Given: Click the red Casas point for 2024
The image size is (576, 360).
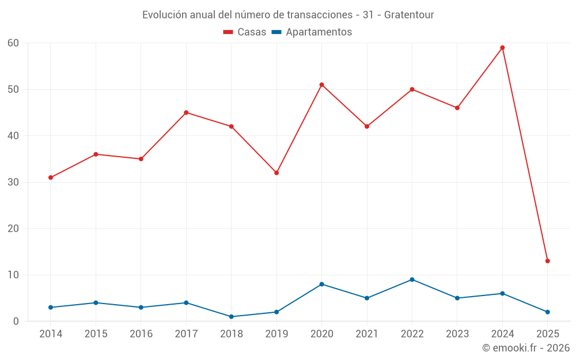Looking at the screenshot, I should [x=502, y=48].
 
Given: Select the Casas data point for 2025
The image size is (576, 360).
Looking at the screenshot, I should [x=547, y=261].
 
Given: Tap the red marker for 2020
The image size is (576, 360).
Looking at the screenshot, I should [x=321, y=85].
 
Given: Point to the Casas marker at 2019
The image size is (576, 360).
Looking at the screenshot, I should [x=276, y=173].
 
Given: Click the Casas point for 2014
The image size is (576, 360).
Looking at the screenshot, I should [x=51, y=177].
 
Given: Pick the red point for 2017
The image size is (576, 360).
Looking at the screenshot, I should [x=186, y=112].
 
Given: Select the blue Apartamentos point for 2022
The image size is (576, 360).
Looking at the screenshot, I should [x=412, y=279].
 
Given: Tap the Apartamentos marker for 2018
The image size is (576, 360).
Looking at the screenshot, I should [x=231, y=317].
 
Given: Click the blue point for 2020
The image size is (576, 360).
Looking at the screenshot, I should [x=321, y=284].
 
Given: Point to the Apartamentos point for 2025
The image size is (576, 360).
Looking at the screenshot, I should [x=547, y=312].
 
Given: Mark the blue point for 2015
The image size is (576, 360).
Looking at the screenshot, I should [x=96, y=302].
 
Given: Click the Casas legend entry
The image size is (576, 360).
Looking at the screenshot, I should [x=245, y=32].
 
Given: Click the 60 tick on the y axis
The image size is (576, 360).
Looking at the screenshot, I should [x=13, y=43].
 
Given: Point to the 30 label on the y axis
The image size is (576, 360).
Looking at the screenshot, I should [x=13, y=182].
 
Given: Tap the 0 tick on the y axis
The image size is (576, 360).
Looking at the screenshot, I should [x=16, y=321].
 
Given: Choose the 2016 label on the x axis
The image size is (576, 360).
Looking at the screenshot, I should [x=141, y=334].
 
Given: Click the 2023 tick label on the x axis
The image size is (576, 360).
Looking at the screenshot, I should [x=457, y=334].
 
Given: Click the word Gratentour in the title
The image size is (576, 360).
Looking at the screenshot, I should [x=409, y=14].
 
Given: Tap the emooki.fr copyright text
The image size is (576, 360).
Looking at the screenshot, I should [x=525, y=348].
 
